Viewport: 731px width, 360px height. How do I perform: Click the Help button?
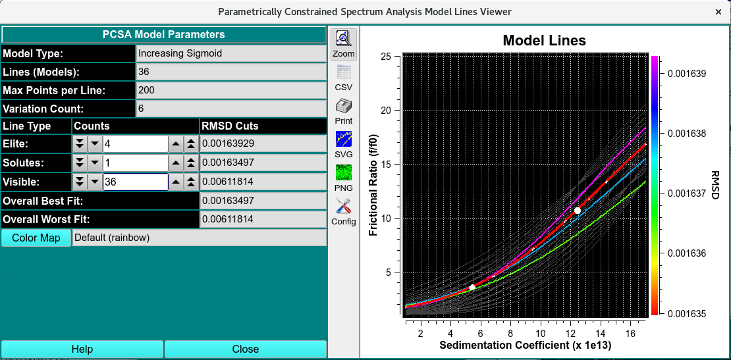click(82, 349)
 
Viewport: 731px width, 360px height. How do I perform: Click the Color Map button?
click(36, 238)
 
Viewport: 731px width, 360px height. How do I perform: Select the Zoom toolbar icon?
click(344, 43)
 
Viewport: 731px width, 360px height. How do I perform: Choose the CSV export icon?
click(344, 76)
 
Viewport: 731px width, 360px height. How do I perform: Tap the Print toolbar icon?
click(344, 110)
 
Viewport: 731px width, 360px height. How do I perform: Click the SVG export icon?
click(344, 143)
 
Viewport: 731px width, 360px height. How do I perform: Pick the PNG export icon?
click(344, 177)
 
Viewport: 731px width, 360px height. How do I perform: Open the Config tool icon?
click(344, 211)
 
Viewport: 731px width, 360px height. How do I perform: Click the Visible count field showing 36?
click(135, 182)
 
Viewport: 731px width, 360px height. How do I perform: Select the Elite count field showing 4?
click(135, 143)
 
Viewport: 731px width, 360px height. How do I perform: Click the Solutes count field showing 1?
click(135, 163)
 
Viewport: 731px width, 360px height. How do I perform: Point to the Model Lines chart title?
click(544, 41)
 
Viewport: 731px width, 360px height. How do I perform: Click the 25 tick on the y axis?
click(387, 57)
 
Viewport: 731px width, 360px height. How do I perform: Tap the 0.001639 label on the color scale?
click(688, 74)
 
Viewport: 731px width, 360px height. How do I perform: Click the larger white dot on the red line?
click(578, 210)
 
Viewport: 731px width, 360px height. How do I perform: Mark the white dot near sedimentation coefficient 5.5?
click(472, 287)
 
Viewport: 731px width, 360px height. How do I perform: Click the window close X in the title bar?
click(718, 12)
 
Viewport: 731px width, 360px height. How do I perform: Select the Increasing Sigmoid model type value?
click(230, 53)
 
